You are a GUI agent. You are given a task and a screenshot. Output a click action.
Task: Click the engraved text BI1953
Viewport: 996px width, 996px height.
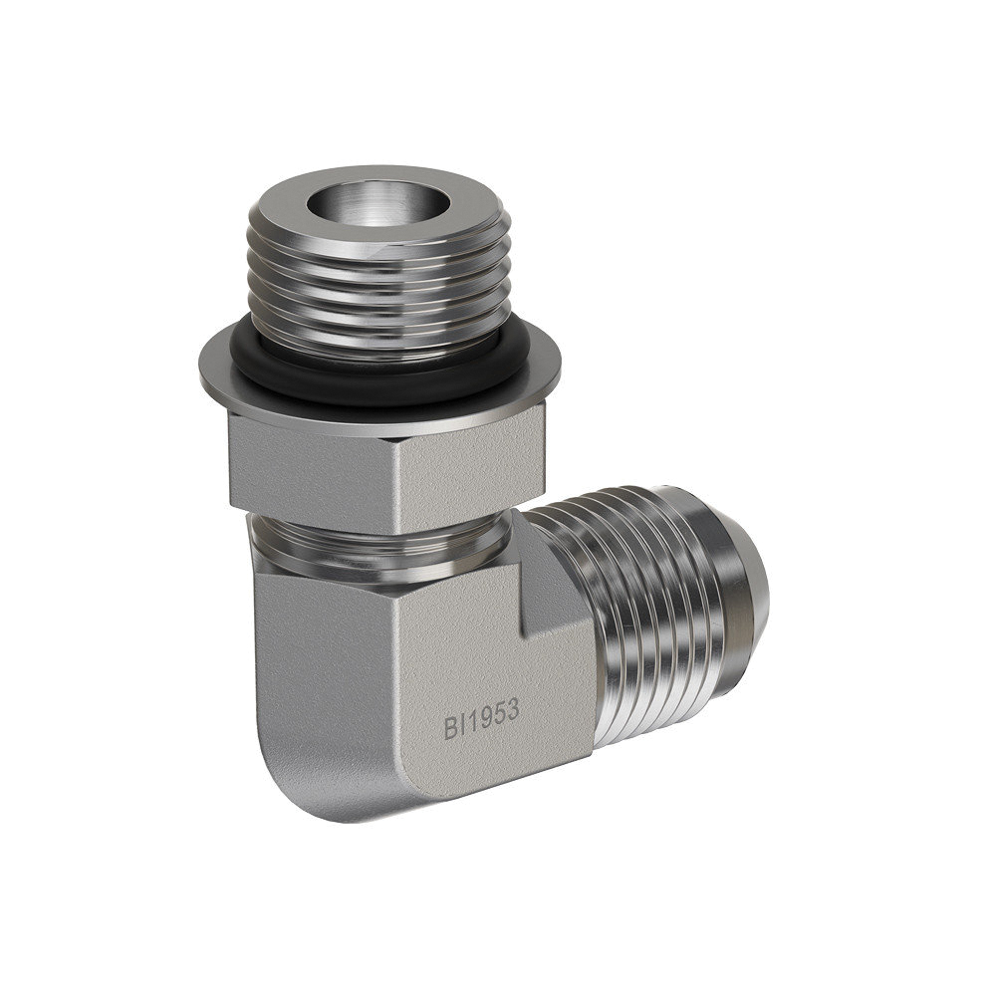(481, 719)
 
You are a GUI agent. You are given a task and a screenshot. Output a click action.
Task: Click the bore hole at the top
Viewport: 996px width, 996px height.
(378, 202)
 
